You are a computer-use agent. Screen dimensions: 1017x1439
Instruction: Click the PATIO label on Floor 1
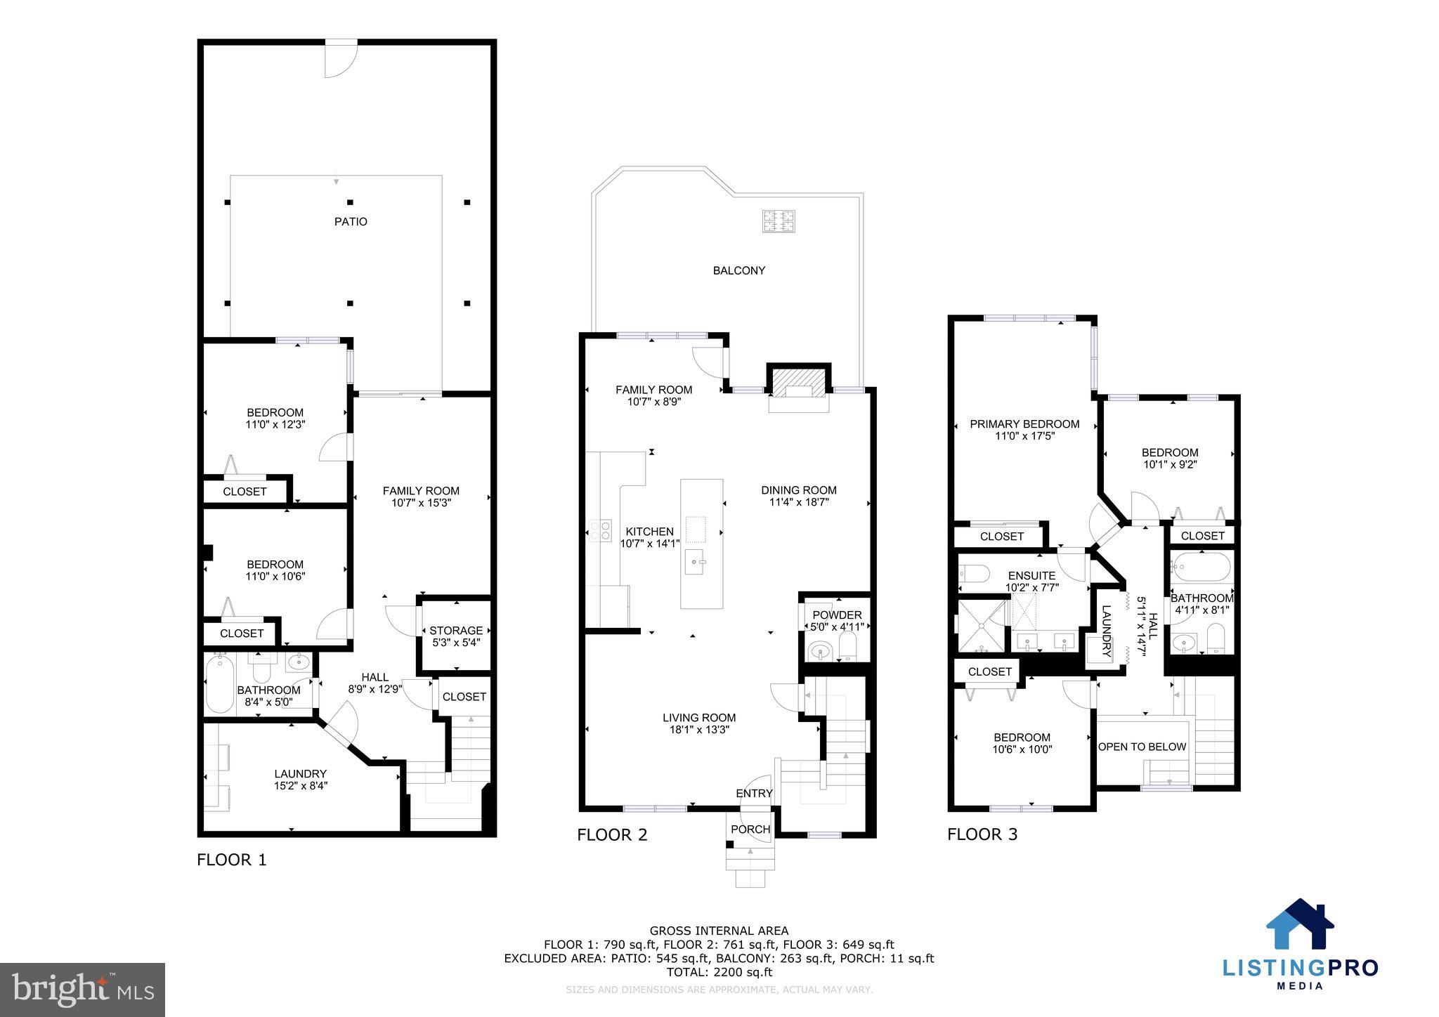click(350, 222)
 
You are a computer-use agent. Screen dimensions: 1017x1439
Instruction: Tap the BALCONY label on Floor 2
click(738, 270)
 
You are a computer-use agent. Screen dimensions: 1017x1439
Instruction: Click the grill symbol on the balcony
click(779, 221)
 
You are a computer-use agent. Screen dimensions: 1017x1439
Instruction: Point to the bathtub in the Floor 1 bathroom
click(220, 685)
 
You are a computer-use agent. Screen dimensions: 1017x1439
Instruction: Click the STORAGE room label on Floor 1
click(456, 631)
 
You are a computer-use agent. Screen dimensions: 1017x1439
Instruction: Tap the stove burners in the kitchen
click(601, 530)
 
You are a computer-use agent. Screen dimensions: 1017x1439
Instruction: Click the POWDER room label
click(836, 615)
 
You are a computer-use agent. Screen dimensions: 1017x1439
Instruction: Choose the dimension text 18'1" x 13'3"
click(699, 730)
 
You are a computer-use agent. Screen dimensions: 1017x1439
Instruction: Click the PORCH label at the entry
click(750, 829)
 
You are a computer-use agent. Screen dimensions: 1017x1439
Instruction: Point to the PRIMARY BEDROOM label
click(1024, 424)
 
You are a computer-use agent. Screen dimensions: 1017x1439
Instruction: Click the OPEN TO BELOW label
click(1142, 747)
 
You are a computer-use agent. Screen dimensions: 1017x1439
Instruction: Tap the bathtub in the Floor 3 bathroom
click(1202, 565)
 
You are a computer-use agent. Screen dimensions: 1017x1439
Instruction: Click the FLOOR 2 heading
click(612, 835)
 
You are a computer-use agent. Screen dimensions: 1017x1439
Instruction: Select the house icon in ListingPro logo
click(1300, 924)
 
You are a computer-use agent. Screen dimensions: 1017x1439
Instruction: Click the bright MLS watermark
click(82, 990)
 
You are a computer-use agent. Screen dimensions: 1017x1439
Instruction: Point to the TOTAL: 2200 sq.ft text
click(719, 973)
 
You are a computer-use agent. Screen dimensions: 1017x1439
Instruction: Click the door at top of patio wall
click(341, 59)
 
